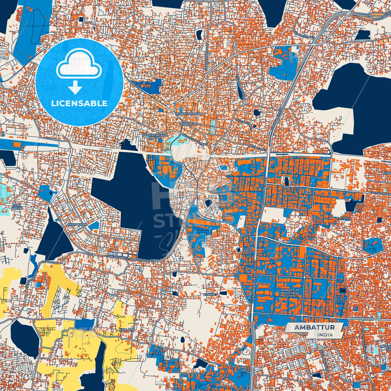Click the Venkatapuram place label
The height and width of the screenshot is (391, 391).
pyautogui.click(x=189, y=114)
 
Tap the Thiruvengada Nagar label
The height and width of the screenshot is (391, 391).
pyautogui.click(x=159, y=136)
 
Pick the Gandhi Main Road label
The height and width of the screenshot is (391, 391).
pyautogui.click(x=206, y=57)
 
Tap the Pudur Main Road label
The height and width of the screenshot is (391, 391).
pyautogui.click(x=240, y=87)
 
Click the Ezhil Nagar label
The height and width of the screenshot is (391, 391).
pyautogui.click(x=17, y=207)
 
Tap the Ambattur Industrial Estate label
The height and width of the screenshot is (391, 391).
pyautogui.click(x=290, y=293)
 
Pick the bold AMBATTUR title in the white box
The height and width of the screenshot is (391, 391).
pyautogui.click(x=314, y=327)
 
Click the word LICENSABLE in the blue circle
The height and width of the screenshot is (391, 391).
pyautogui.click(x=79, y=103)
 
